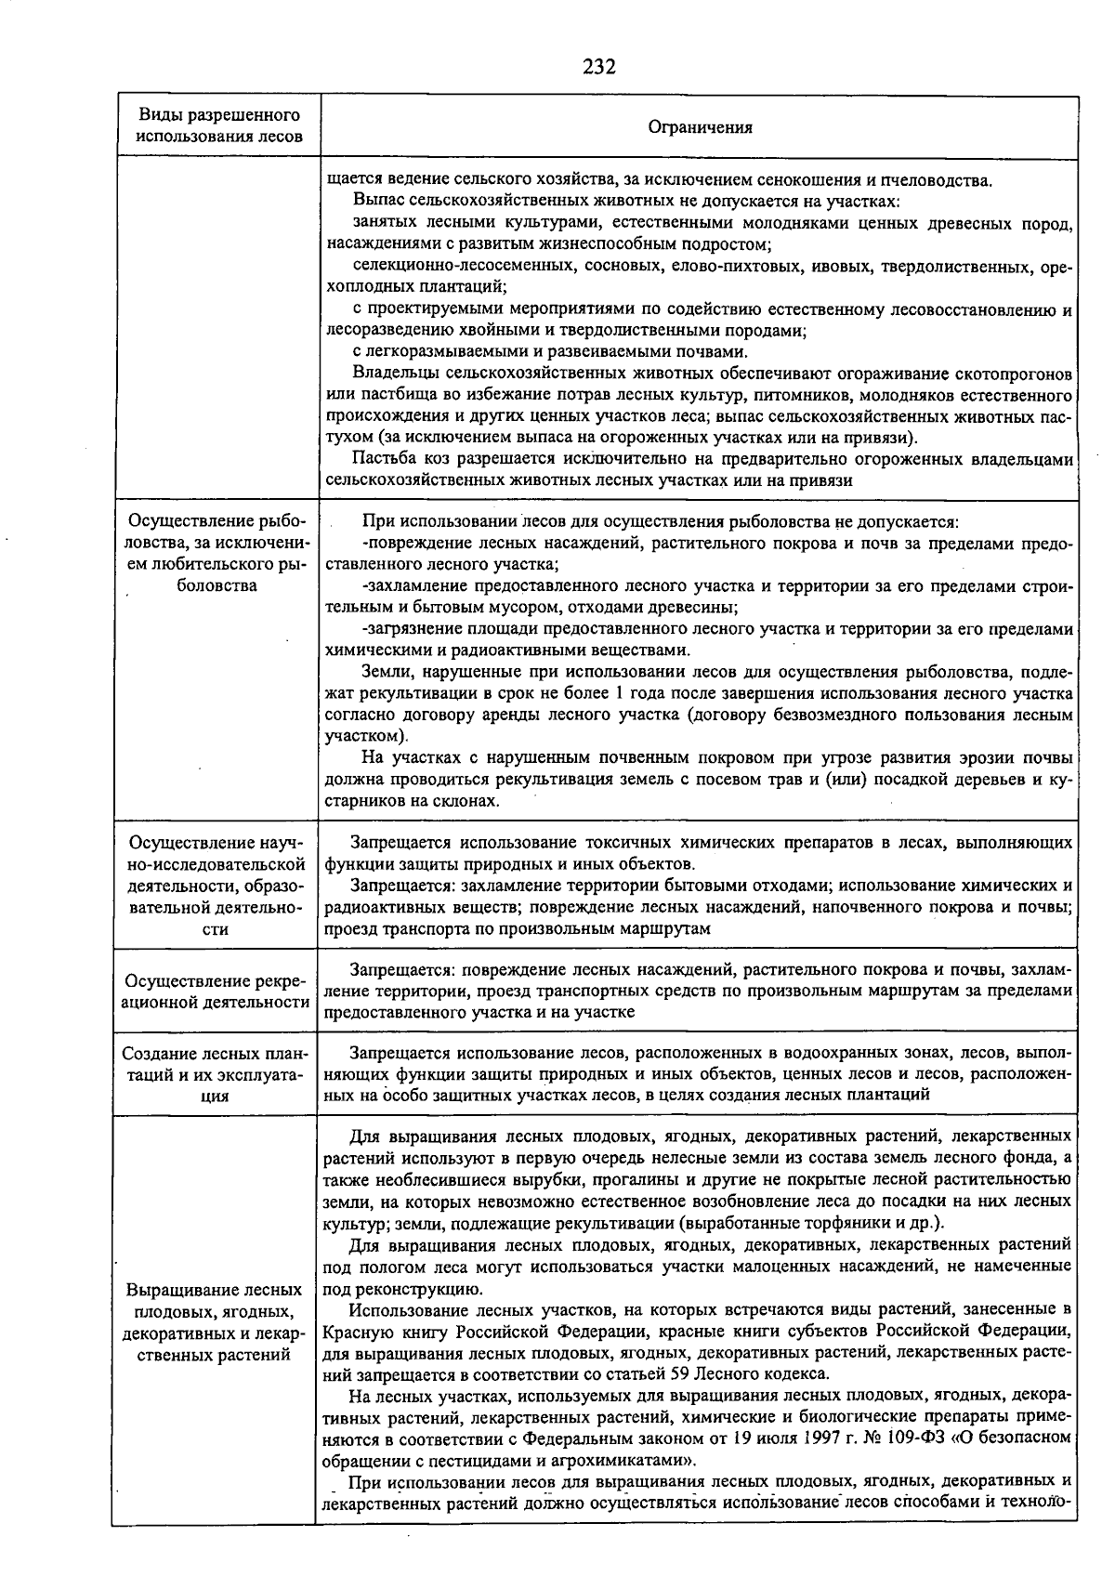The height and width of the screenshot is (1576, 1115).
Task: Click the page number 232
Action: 599,66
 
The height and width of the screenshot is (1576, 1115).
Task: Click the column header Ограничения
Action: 700,127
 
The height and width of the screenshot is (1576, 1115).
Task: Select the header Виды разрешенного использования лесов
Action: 219,125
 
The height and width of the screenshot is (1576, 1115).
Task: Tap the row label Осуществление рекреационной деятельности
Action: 217,992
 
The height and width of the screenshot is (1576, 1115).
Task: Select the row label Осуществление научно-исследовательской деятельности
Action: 216,885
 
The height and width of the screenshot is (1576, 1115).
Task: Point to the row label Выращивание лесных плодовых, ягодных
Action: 216,1322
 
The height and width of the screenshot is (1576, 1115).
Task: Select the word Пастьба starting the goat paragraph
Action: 383,459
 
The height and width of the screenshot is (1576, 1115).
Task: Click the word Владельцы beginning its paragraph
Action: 395,374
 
